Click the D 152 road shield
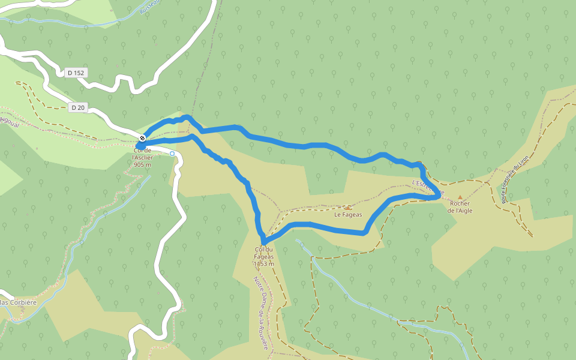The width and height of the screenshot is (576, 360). (76, 73)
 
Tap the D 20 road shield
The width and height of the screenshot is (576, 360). (77, 107)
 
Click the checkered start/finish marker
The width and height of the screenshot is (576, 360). (143, 138)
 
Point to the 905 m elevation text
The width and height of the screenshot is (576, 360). (142, 164)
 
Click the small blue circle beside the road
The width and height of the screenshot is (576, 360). (172, 154)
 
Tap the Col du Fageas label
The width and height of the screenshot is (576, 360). (264, 253)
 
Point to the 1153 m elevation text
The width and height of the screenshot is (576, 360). (263, 263)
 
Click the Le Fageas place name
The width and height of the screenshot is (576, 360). (348, 214)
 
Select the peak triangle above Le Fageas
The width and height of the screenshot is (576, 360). (347, 208)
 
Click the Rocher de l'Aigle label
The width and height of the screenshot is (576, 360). (460, 206)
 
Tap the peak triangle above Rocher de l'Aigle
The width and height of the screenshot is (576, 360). (460, 197)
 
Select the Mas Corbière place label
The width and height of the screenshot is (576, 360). (18, 302)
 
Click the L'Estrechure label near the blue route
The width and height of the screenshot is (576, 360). (427, 186)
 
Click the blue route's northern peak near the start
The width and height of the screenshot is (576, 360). (187, 117)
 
